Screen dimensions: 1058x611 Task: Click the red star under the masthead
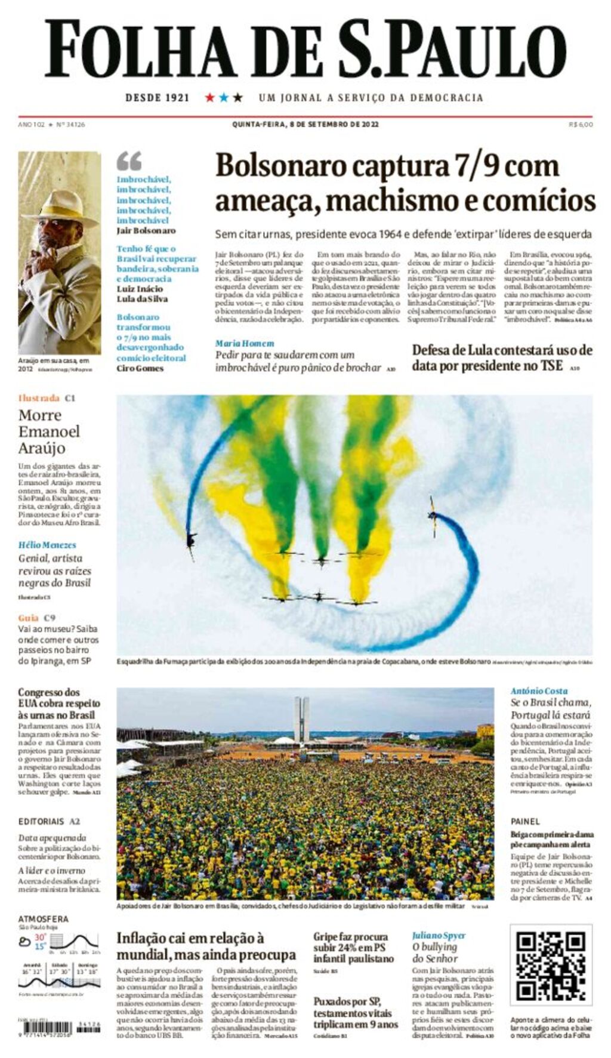coord(209,97)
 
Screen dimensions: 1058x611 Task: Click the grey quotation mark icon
coord(129,161)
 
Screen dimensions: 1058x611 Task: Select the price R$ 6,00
coord(581,125)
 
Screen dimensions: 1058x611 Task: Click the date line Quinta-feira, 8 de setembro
coord(305,125)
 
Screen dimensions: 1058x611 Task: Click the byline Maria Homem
coord(245,344)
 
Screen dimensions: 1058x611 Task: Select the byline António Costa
coord(539,691)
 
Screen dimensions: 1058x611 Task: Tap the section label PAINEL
coord(525,822)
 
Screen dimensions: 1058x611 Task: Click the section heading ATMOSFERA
coord(43,919)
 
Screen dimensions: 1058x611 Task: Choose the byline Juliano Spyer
coord(439,936)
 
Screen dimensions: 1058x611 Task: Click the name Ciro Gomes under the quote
coord(140,369)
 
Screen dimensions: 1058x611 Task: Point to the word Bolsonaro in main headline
coord(280,166)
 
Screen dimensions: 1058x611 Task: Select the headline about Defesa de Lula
coord(502,358)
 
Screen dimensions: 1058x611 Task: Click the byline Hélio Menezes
coord(47,545)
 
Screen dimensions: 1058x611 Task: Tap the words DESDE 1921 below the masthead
coord(157,98)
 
